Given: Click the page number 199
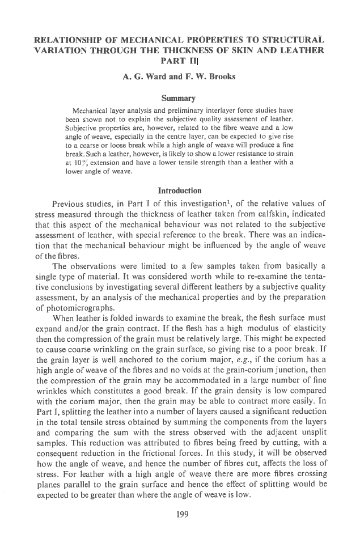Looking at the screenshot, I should tap(180, 515).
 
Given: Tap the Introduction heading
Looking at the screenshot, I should tap(180, 189).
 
